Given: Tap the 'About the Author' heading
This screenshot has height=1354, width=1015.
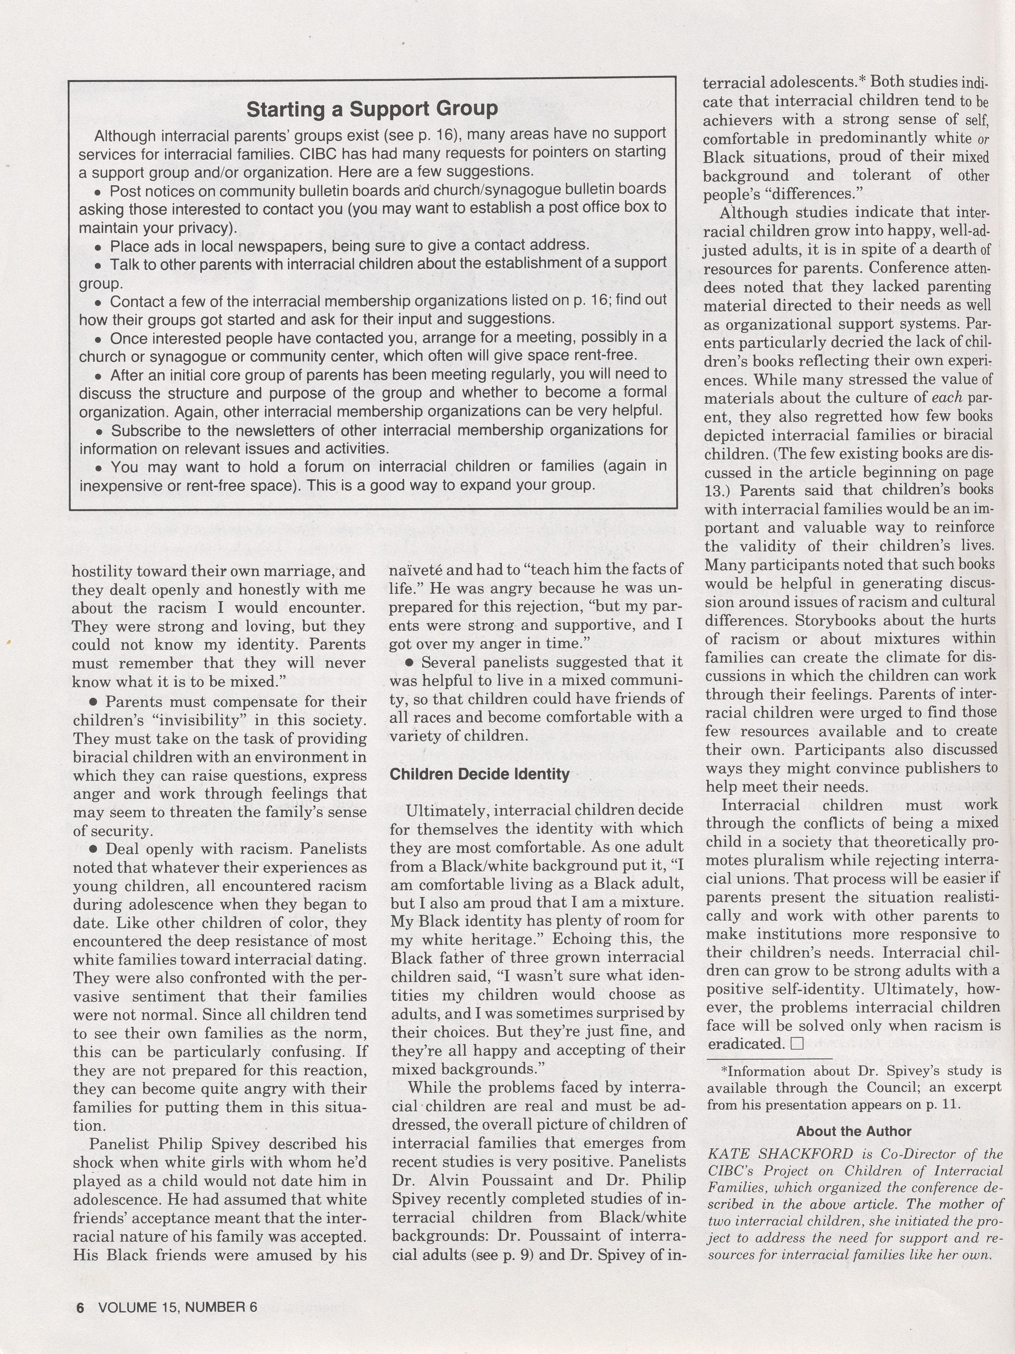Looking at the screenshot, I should pos(854,1132).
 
